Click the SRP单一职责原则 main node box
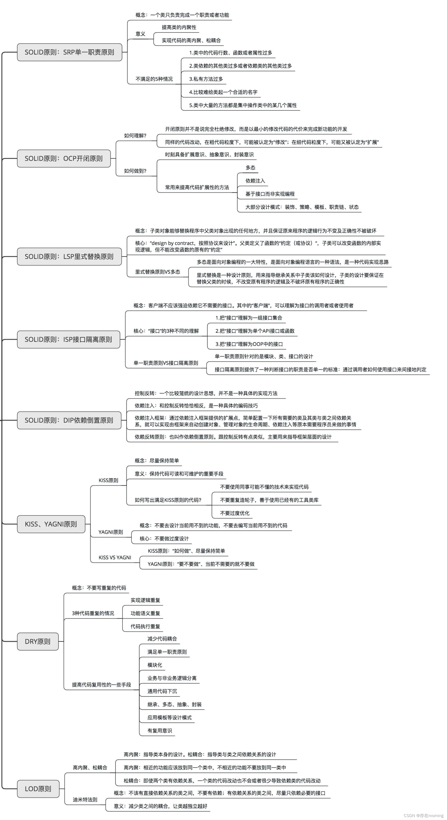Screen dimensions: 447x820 [x=69, y=52]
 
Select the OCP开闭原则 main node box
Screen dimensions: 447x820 [x=64, y=159]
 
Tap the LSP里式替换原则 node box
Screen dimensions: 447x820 [x=69, y=257]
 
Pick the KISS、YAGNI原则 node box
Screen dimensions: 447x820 [x=51, y=524]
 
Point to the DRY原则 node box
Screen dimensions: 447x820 [x=38, y=641]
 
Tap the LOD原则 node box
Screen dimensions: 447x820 [x=38, y=789]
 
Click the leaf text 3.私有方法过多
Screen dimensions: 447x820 [x=206, y=79]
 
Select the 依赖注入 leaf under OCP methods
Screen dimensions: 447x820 [x=255, y=181]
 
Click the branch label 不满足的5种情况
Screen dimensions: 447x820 [x=154, y=79]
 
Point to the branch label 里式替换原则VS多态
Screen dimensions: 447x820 [x=158, y=272]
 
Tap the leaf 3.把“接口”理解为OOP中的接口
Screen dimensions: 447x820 [x=249, y=344]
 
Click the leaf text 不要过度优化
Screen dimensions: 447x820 [x=234, y=513]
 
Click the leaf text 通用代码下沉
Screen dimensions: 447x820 [x=162, y=691]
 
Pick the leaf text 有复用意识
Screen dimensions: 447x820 [x=159, y=731]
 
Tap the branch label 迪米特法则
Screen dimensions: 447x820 [x=85, y=799]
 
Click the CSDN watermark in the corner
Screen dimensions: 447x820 [x=423, y=815]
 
